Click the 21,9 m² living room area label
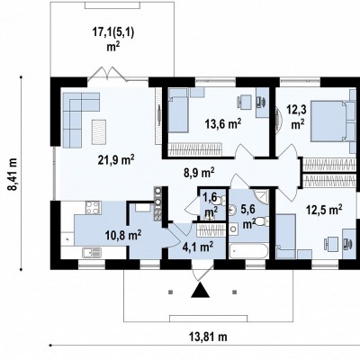[116, 159]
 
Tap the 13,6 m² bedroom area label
[223, 123]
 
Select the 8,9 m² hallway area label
[199, 173]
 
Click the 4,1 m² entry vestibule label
[198, 247]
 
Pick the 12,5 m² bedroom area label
[324, 210]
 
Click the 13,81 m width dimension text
[208, 337]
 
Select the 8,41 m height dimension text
[13, 174]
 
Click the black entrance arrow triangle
[201, 290]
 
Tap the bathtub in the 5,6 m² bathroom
[248, 251]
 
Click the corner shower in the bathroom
[261, 196]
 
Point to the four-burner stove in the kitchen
[93, 208]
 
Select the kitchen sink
[92, 252]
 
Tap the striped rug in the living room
[99, 132]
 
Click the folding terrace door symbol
[107, 74]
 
